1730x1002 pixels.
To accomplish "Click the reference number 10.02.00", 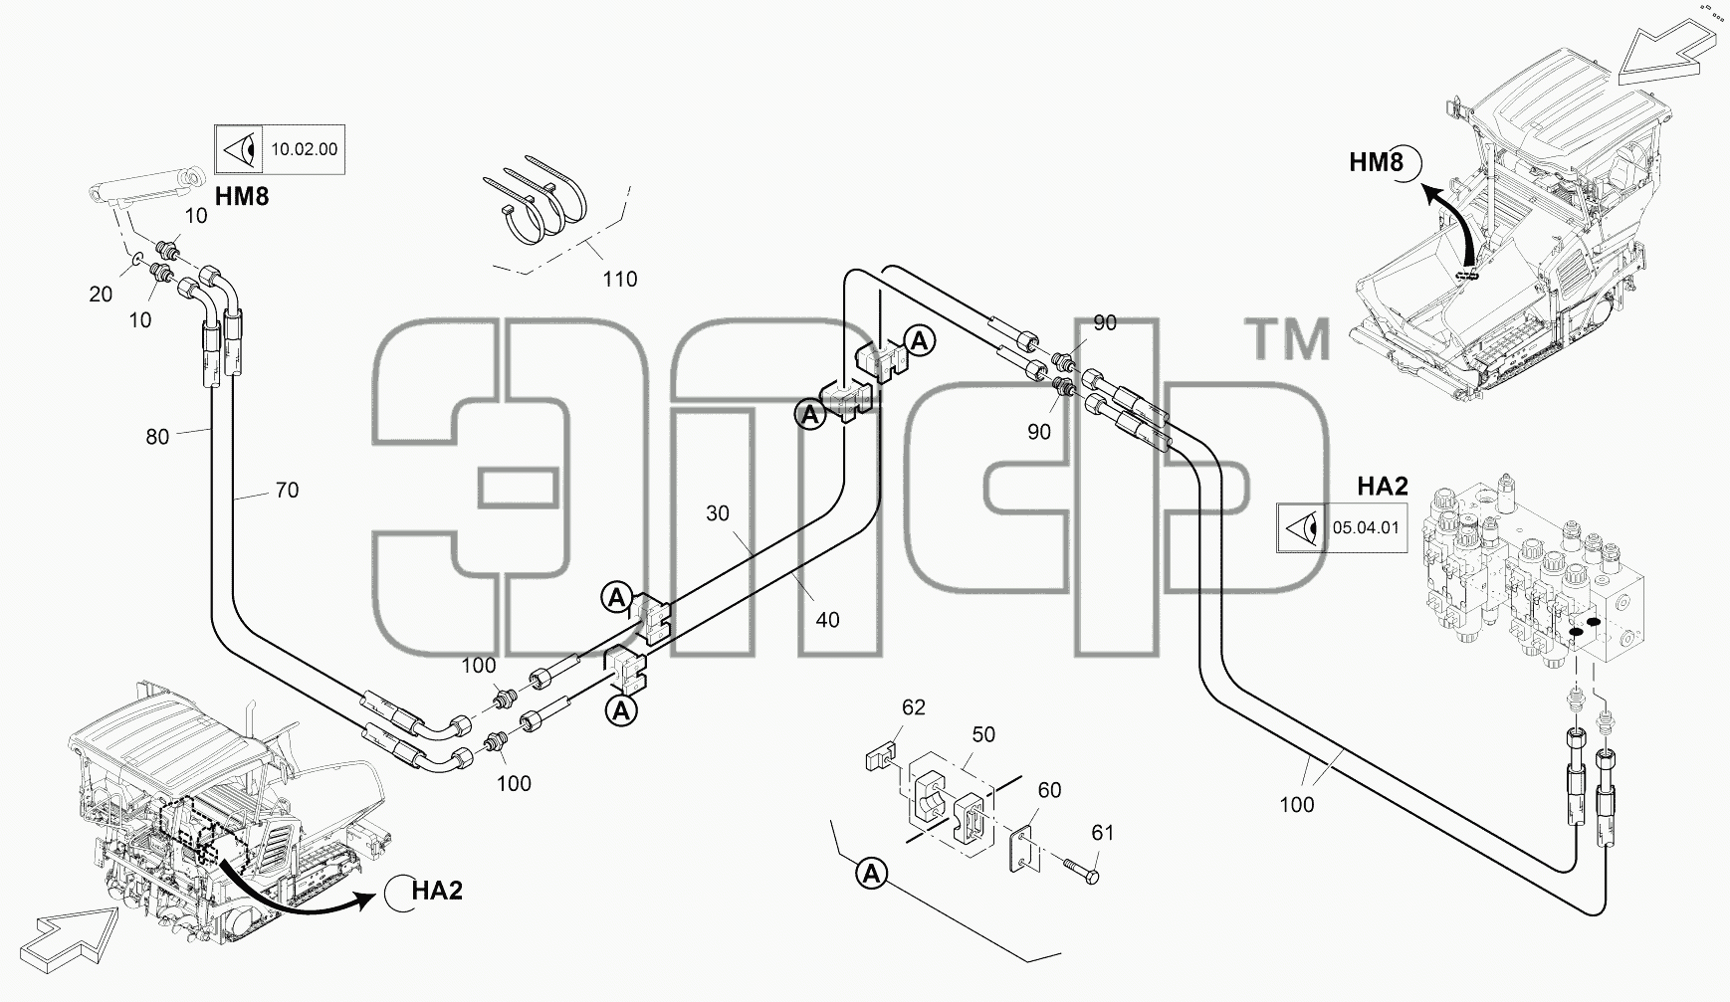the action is (304, 150).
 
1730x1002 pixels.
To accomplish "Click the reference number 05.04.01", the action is (1366, 527).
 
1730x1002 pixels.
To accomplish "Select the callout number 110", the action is (620, 280).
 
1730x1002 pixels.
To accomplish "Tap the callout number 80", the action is (157, 437).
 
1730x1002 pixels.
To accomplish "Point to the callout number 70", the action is (287, 491).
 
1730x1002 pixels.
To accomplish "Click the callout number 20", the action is (101, 295).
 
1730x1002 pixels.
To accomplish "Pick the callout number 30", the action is (718, 513).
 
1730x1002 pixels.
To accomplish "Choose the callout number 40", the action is (827, 620).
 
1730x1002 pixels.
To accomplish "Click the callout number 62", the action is (914, 707).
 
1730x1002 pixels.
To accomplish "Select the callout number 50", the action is (983, 734).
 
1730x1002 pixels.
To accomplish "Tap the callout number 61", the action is (1102, 833).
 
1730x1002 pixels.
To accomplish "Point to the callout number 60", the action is (1049, 790).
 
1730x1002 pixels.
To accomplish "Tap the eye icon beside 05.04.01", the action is (1301, 527).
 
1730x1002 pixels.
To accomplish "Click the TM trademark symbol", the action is (1290, 339).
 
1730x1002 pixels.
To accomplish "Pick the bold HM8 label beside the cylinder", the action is (242, 196).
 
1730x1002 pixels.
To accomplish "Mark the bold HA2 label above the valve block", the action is (1383, 487).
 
